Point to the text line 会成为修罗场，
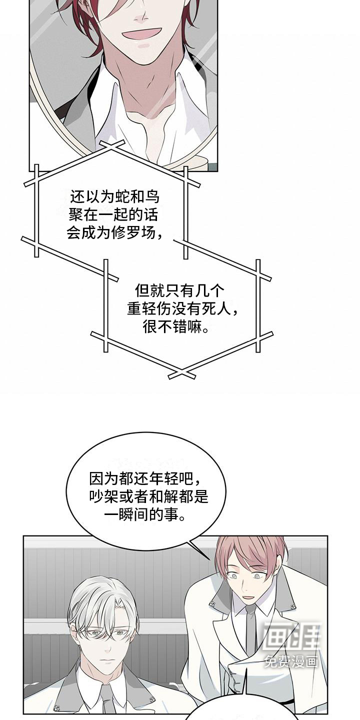click(114, 233)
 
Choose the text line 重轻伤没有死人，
click(182, 309)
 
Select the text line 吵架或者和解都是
click(146, 497)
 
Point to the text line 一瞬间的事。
click(146, 515)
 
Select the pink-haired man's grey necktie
click(250, 630)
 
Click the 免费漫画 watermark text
click(291, 661)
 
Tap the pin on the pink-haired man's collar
click(212, 603)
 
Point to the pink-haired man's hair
click(250, 550)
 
